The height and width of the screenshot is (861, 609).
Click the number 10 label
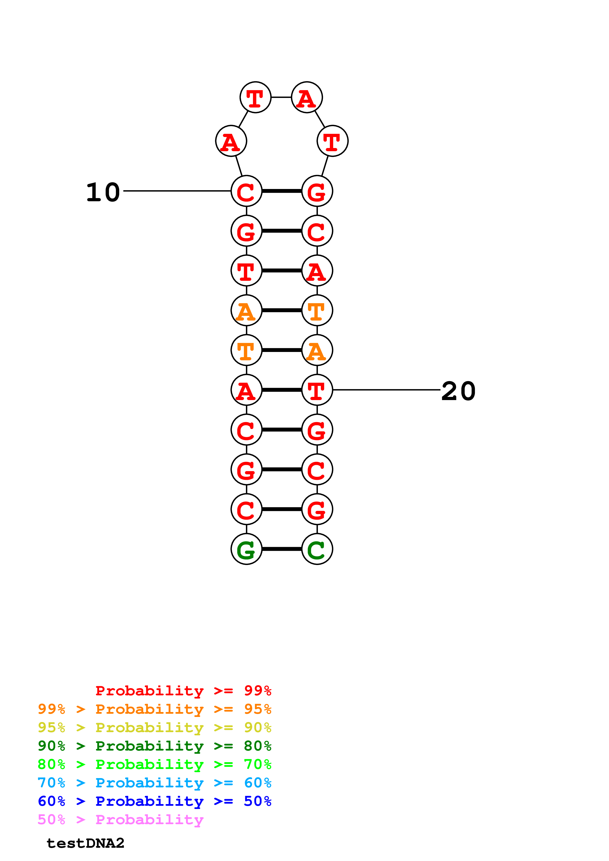pyautogui.click(x=103, y=192)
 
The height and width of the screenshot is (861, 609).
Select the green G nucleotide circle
pyautogui.click(x=246, y=549)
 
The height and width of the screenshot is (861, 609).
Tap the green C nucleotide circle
pyautogui.click(x=317, y=549)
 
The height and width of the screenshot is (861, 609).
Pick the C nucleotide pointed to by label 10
pyautogui.click(x=246, y=191)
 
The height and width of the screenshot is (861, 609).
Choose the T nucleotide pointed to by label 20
pyautogui.click(x=317, y=390)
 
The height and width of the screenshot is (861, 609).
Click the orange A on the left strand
pyautogui.click(x=246, y=310)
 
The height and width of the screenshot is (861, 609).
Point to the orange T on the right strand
pyautogui.click(x=317, y=310)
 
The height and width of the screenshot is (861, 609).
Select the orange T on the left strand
pyautogui.click(x=246, y=350)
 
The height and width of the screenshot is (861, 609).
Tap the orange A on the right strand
pyautogui.click(x=317, y=350)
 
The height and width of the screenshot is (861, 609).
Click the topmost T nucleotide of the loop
pyautogui.click(x=255, y=97)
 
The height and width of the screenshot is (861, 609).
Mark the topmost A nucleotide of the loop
pyautogui.click(x=307, y=97)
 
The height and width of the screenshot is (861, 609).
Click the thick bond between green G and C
pyautogui.click(x=282, y=549)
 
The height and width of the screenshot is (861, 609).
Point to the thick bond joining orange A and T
pyautogui.click(x=282, y=310)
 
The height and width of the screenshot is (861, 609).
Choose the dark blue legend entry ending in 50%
pyautogui.click(x=155, y=801)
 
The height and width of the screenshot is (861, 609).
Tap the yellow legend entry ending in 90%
pyautogui.click(x=155, y=727)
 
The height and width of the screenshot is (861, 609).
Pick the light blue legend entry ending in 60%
pyautogui.click(x=155, y=783)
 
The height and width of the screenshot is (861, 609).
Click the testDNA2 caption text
pyautogui.click(x=85, y=843)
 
